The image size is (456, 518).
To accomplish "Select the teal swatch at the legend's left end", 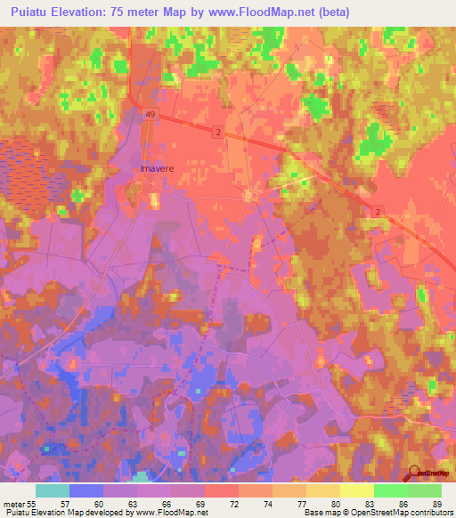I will [53, 490].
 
